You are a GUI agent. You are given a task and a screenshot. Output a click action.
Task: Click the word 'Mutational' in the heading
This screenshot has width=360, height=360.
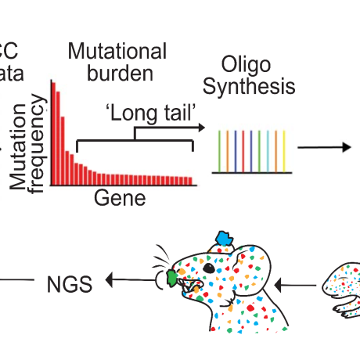point(117,52)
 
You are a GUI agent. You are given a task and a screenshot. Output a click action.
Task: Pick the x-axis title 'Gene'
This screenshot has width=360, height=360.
point(120,198)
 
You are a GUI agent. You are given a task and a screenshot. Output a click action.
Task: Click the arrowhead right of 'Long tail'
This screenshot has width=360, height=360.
point(200,126)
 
